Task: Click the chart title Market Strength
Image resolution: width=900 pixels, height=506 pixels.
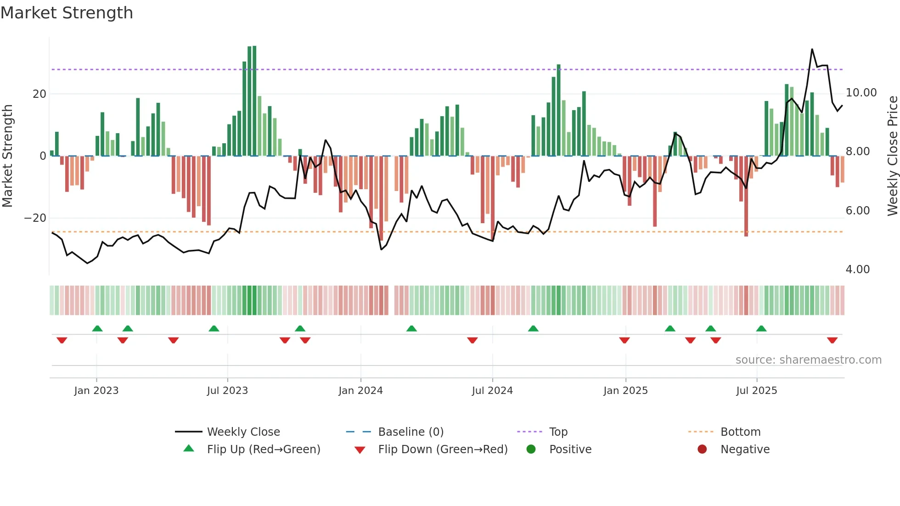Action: point(67,13)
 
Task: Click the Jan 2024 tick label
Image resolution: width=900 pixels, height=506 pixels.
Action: point(360,391)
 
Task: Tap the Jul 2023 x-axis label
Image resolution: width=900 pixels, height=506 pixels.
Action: point(227,391)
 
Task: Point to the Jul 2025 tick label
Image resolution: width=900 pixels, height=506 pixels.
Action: point(756,391)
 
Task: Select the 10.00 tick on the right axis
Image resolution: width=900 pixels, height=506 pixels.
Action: point(861,93)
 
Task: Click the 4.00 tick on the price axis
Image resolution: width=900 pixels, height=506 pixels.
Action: point(857,270)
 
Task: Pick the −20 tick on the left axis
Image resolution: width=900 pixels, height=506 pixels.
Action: point(35,218)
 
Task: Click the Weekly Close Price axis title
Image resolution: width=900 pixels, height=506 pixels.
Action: point(892,156)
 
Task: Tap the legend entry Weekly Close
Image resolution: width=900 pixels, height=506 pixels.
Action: point(243,432)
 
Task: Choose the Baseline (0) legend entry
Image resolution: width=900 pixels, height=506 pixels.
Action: point(411,432)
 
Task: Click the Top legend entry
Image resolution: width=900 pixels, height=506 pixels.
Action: point(558,432)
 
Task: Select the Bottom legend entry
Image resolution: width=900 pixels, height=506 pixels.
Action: point(740,432)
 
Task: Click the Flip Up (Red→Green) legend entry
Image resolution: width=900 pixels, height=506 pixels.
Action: point(263,450)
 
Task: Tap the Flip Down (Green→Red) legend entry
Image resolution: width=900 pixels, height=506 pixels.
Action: point(443,450)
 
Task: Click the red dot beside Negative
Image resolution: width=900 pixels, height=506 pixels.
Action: point(702,449)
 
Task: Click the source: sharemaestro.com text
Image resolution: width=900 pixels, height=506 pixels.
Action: point(808,360)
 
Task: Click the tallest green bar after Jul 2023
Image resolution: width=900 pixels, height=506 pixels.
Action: point(254,101)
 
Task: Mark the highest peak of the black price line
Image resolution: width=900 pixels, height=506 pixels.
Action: point(812,49)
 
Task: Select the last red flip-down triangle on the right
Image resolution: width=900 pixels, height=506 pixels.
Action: point(832,340)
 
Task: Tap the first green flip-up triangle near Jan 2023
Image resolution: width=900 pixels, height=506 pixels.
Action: point(97,328)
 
